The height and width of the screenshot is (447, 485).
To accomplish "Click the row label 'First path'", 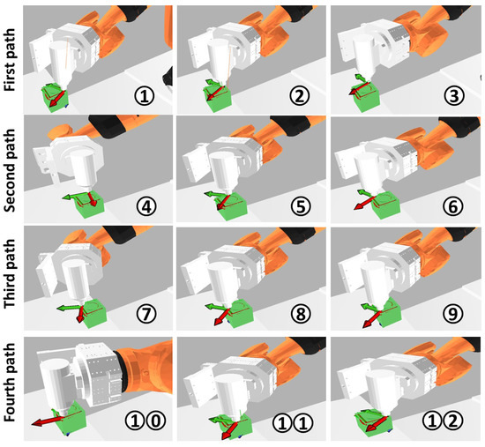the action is tap(10, 60).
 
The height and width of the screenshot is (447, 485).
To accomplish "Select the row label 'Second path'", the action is tap(10, 170).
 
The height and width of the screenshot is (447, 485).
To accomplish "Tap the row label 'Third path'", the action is tap(10, 273).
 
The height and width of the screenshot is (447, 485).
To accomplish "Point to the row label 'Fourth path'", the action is tap(10, 383).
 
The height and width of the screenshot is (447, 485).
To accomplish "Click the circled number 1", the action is tap(144, 96).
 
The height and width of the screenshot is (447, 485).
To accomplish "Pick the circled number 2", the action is tap(299, 96).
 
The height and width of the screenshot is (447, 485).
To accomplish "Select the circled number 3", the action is tap(453, 96).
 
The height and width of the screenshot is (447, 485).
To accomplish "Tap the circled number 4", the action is tap(146, 206).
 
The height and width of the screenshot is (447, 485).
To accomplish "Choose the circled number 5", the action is tap(301, 206).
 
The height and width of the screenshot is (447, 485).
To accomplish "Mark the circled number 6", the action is tap(453, 206).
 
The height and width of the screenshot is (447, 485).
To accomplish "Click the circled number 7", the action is tap(146, 313).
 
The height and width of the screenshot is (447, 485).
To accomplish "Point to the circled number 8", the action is tap(301, 313).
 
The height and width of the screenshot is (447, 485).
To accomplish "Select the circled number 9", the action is tap(453, 313).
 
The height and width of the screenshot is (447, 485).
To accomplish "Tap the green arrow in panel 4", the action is tap(74, 197).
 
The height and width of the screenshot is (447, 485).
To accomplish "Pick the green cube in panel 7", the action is tap(94, 313).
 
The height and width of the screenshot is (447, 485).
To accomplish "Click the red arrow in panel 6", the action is tap(365, 204).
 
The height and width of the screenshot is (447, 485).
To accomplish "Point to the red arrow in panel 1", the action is tap(57, 99).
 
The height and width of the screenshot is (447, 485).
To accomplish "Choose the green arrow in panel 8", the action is tap(217, 307).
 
